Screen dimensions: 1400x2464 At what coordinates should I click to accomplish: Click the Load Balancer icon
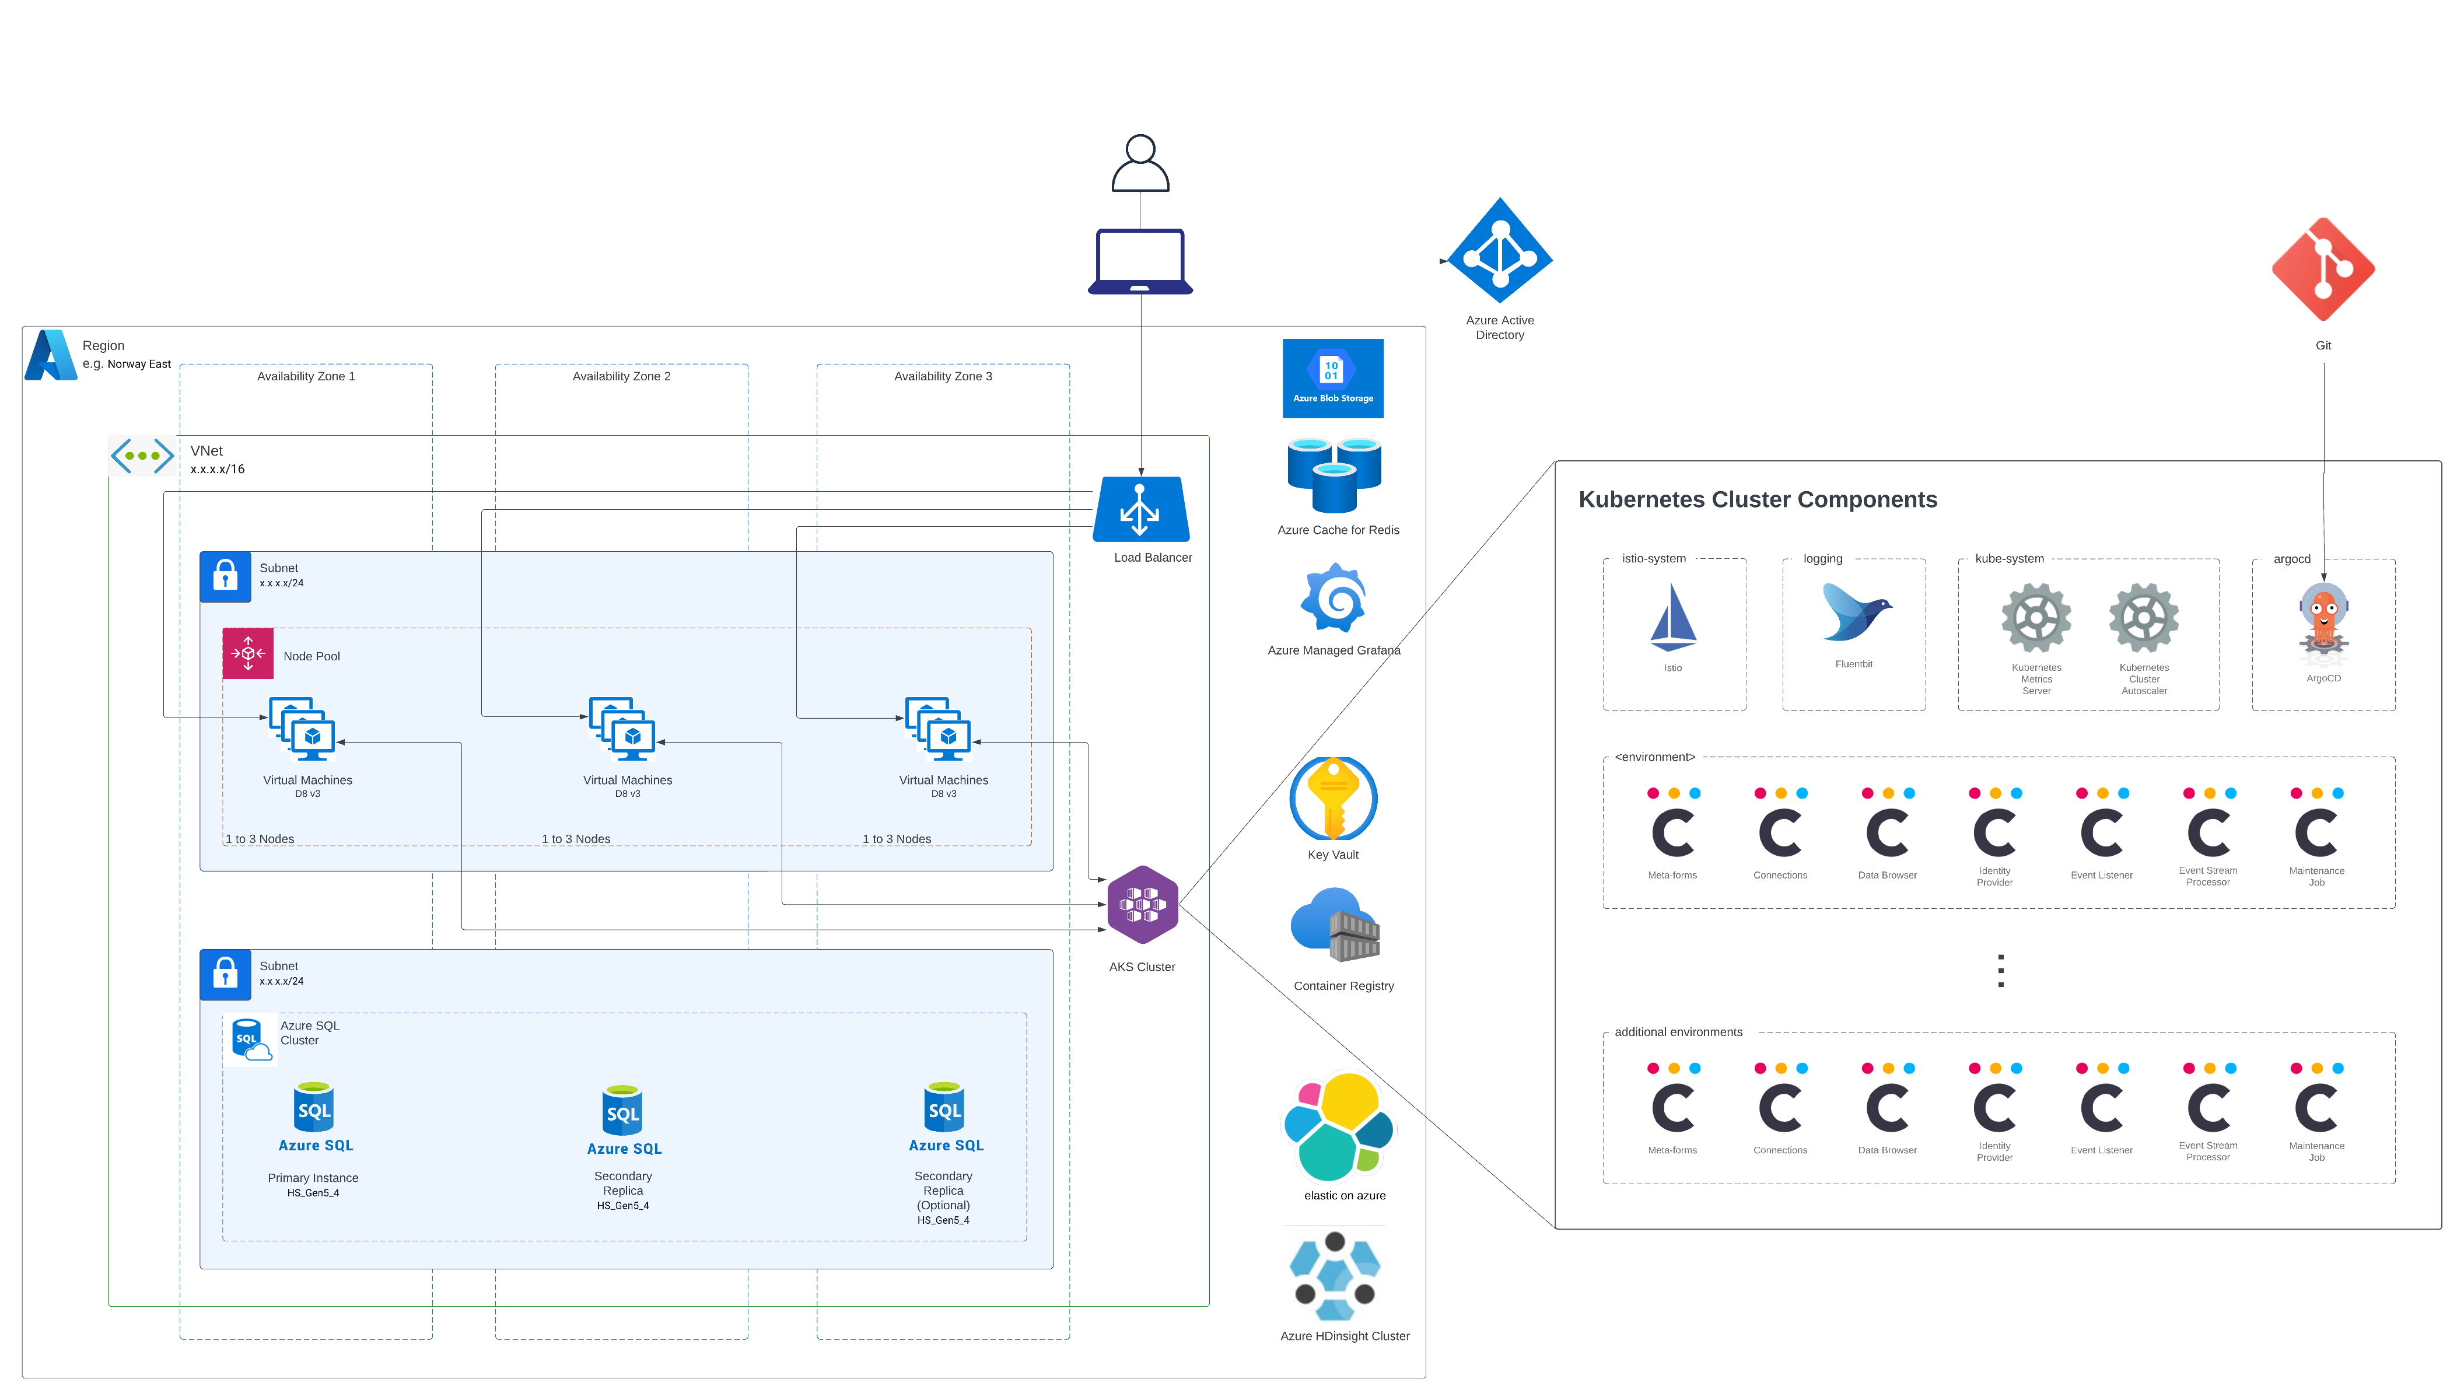[x=1140, y=510]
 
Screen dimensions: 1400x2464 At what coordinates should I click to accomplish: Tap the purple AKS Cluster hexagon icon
[x=1142, y=905]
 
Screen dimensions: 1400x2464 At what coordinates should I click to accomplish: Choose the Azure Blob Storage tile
[x=1332, y=378]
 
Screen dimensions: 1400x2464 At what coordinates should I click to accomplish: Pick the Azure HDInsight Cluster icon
[x=1335, y=1275]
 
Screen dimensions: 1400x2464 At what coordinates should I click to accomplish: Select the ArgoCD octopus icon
[x=2323, y=623]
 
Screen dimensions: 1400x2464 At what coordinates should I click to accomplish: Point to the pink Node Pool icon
[x=248, y=654]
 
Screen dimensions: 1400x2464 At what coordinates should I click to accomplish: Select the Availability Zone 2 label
[x=621, y=377]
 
